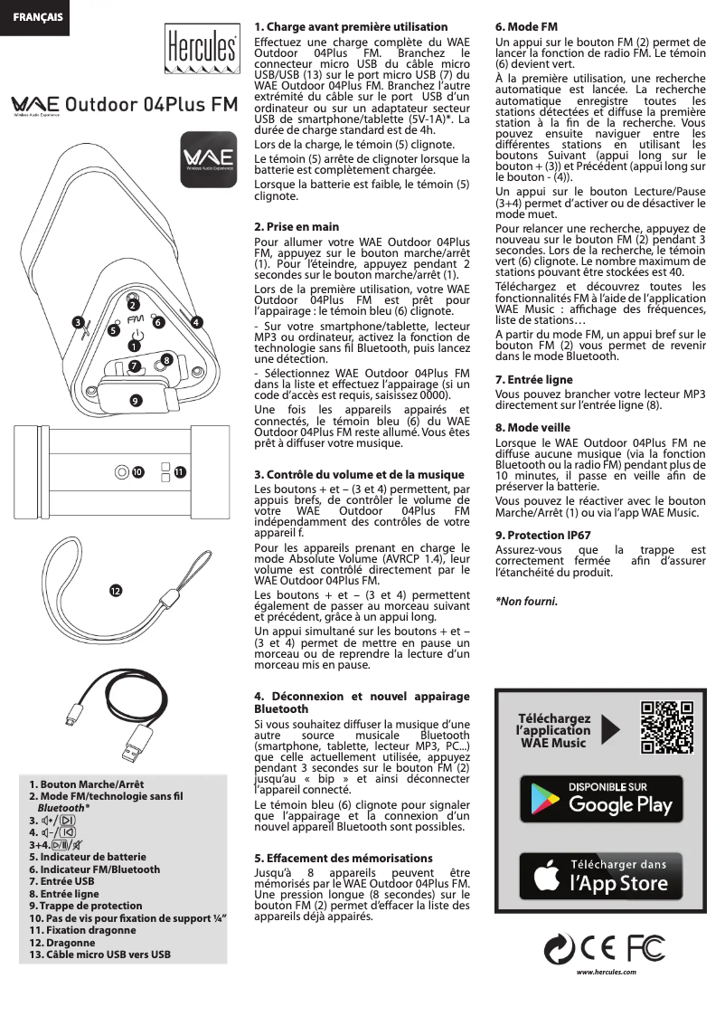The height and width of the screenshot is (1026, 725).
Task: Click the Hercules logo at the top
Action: click(x=202, y=50)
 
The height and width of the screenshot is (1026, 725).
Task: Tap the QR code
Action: click(x=667, y=727)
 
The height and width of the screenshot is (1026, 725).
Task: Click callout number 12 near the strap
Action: click(x=115, y=590)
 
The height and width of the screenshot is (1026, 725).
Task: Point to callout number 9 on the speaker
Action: click(x=135, y=399)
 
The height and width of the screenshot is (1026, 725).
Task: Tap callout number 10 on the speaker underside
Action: click(x=137, y=472)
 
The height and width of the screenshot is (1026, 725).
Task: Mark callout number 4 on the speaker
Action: click(x=197, y=321)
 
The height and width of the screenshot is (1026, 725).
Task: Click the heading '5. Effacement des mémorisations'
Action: click(x=344, y=858)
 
